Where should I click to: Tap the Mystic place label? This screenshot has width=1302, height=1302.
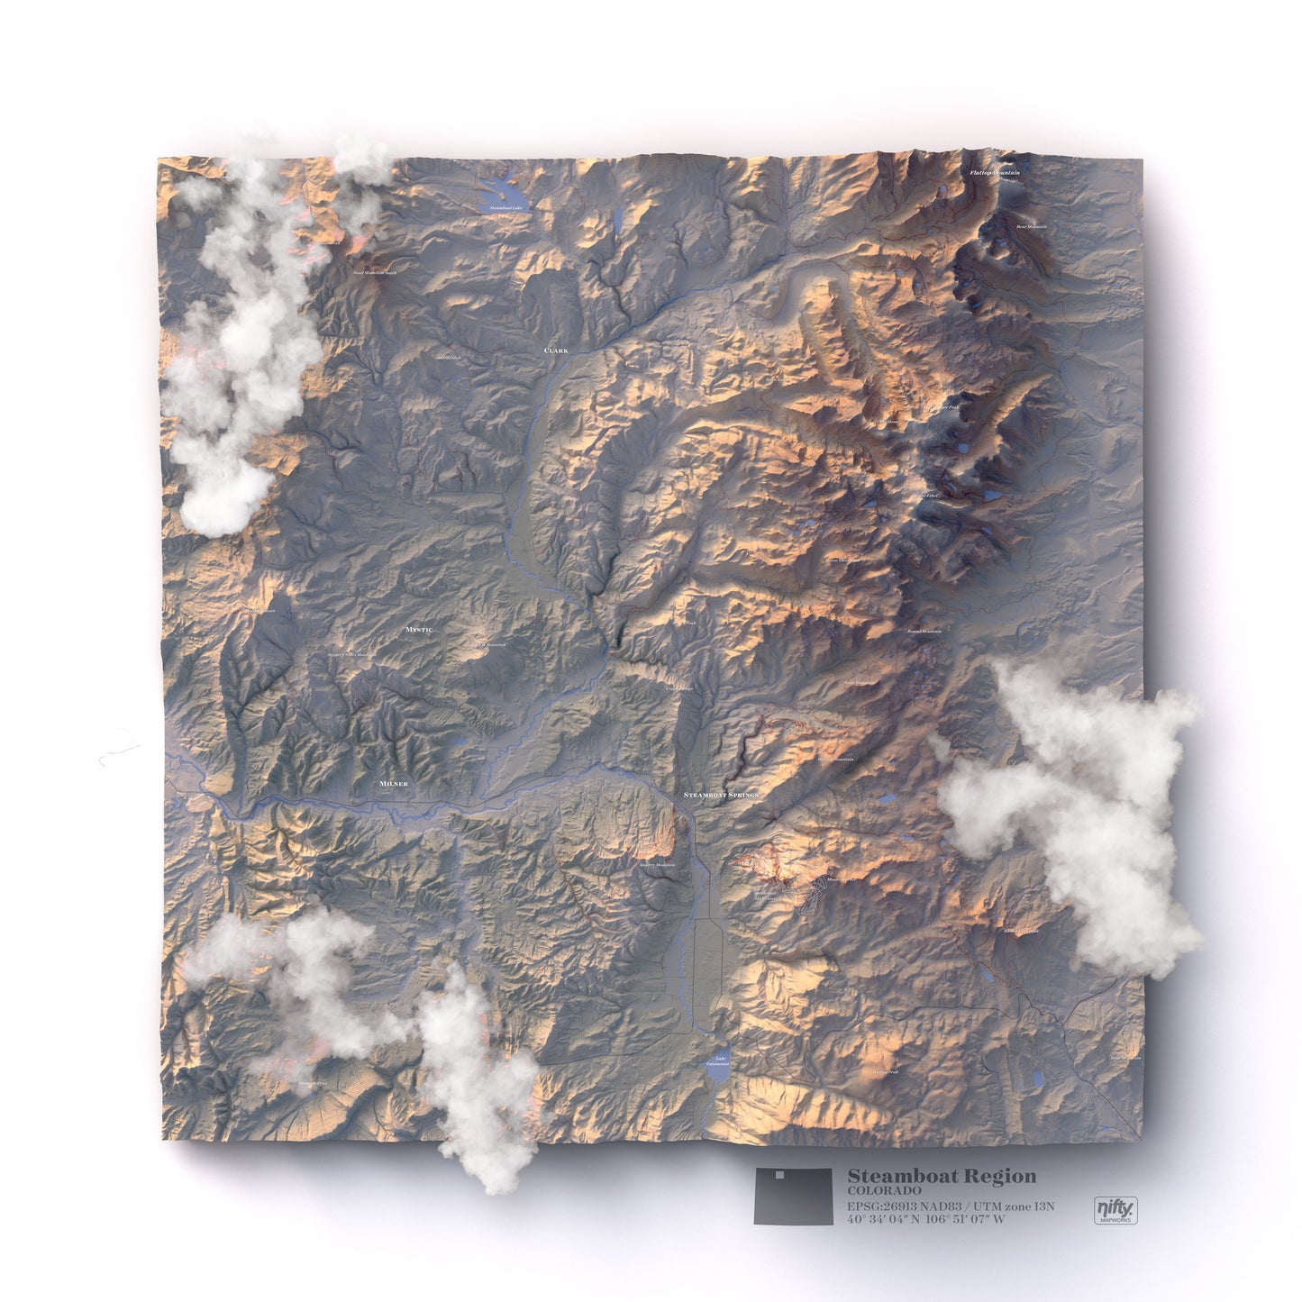(x=419, y=629)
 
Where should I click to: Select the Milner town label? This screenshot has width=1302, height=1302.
(x=394, y=784)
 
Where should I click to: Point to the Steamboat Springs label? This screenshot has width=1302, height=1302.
(x=721, y=796)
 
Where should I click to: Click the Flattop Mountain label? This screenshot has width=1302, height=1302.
(x=995, y=172)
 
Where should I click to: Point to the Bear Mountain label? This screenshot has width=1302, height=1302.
(x=1032, y=227)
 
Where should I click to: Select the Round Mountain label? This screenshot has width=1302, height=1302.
(x=924, y=631)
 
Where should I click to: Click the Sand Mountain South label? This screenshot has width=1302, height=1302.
(x=374, y=272)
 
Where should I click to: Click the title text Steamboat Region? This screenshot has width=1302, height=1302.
(x=942, y=1176)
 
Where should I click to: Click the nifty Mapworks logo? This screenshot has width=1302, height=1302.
(x=1115, y=1208)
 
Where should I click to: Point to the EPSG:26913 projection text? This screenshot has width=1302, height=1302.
(x=950, y=1206)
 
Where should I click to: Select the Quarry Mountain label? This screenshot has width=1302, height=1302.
(x=657, y=865)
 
